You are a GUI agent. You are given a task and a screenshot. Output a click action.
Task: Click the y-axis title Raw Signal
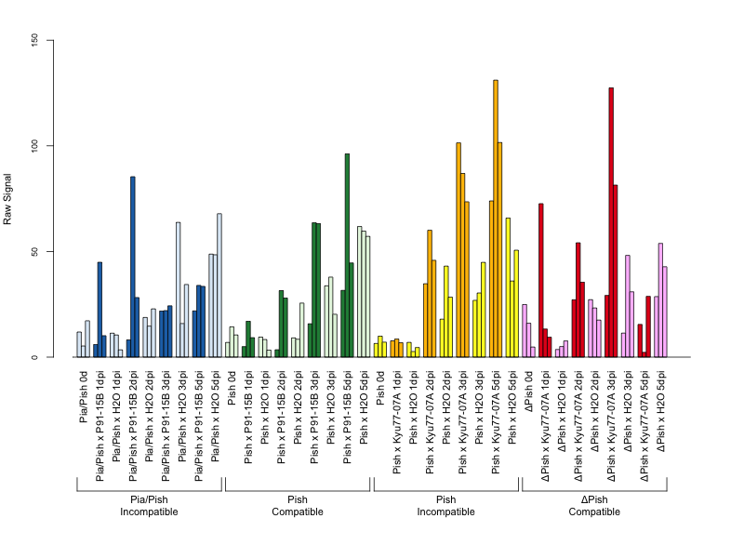[7, 199]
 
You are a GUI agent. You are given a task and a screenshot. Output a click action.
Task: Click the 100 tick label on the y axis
[34, 146]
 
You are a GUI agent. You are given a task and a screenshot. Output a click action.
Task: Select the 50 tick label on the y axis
[34, 251]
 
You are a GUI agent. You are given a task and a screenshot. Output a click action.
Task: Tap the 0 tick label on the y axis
[34, 357]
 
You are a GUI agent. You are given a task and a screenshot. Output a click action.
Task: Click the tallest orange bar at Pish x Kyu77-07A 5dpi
[496, 219]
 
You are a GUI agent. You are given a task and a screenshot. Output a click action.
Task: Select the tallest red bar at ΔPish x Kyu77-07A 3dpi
[611, 222]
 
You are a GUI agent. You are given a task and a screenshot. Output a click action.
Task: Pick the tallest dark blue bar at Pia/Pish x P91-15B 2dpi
[133, 267]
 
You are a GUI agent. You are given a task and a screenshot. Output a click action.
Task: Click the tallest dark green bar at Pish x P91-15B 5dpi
[347, 255]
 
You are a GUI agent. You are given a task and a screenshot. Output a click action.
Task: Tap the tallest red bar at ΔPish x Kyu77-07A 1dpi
[541, 280]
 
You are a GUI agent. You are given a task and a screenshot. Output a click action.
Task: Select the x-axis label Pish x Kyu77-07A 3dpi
[462, 422]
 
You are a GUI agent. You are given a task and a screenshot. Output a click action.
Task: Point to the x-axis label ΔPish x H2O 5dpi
[660, 411]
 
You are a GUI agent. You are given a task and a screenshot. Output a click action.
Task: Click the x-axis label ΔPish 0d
[528, 391]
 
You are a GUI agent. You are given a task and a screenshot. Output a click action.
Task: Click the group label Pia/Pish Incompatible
[149, 506]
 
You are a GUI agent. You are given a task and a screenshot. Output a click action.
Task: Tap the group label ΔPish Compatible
[594, 506]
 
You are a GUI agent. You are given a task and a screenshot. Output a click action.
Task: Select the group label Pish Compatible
[298, 506]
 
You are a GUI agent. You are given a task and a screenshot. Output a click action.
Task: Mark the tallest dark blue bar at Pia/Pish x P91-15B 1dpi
[100, 310]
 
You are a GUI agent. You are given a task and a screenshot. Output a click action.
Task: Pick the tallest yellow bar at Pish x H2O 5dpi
[508, 287]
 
